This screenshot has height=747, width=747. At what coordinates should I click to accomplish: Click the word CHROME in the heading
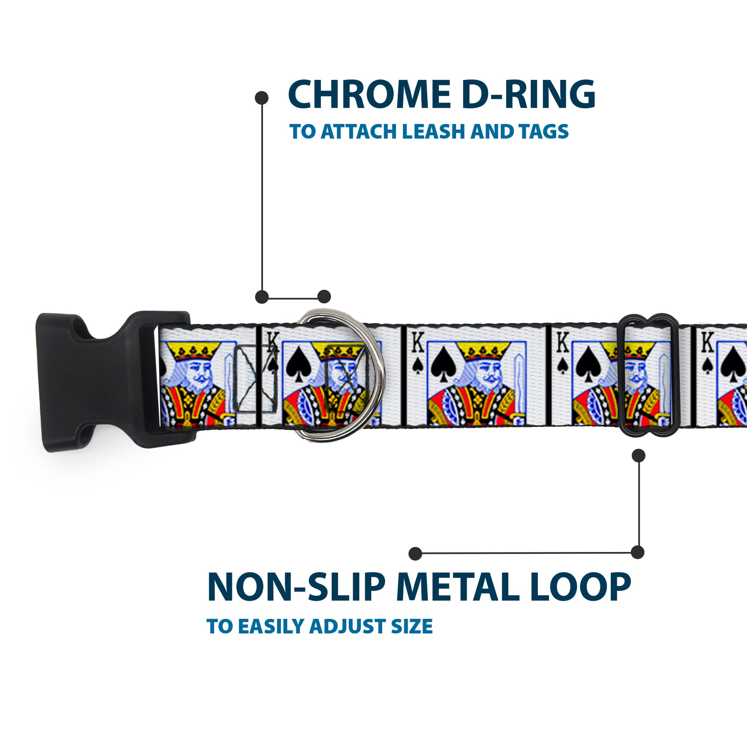pos(369,95)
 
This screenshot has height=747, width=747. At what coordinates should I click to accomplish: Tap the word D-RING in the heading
pos(528,95)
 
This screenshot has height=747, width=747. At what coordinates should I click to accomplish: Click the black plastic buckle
pos(97,381)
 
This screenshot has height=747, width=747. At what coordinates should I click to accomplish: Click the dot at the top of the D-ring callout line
pos(262,98)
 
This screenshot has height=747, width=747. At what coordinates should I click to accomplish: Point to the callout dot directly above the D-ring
pos(324,297)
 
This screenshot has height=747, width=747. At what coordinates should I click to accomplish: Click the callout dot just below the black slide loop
pos(638,456)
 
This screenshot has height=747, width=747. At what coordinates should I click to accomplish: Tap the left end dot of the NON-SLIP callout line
pos(415,554)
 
